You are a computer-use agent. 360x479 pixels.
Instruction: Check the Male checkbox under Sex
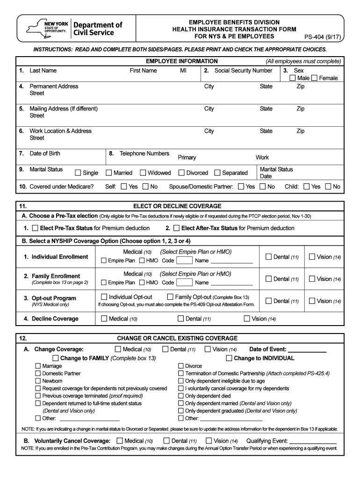pyautogui.click(x=292, y=78)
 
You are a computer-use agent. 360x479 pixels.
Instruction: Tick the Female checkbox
pyautogui.click(x=314, y=78)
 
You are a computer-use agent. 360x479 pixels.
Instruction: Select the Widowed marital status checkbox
pyautogui.click(x=143, y=173)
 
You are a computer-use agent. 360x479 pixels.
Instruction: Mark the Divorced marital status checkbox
pyautogui.click(x=182, y=173)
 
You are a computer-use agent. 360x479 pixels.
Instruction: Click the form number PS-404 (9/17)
pyautogui.click(x=322, y=36)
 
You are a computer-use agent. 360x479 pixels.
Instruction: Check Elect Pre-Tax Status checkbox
pyautogui.click(x=35, y=228)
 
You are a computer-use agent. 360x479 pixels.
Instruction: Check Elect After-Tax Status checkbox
pyautogui.click(x=176, y=228)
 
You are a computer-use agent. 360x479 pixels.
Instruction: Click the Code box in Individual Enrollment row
pyautogui.click(x=184, y=261)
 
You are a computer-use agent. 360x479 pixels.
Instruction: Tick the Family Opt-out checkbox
pyautogui.click(x=171, y=297)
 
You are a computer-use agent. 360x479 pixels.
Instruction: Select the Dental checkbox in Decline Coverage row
pyautogui.click(x=180, y=319)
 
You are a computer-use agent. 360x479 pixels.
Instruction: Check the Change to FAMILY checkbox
pyautogui.click(x=56, y=358)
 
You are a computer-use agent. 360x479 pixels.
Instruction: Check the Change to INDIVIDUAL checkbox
pyautogui.click(x=229, y=358)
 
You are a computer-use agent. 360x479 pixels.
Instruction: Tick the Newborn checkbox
pyautogui.click(x=38, y=381)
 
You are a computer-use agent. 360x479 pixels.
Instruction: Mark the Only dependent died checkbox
pyautogui.click(x=181, y=396)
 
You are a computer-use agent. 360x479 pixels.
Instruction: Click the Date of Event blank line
pyautogui.click(x=307, y=350)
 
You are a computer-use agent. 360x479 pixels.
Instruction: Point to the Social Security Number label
pyautogui.click(x=243, y=71)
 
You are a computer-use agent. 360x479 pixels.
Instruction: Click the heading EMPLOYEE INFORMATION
pyautogui.click(x=181, y=61)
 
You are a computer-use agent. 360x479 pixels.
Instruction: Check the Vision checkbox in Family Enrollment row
pyautogui.click(x=312, y=279)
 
